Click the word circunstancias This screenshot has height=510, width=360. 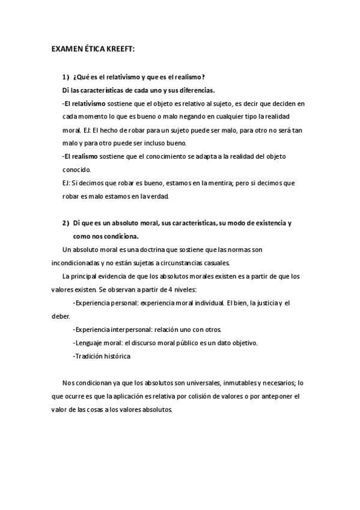(x=182, y=262)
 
